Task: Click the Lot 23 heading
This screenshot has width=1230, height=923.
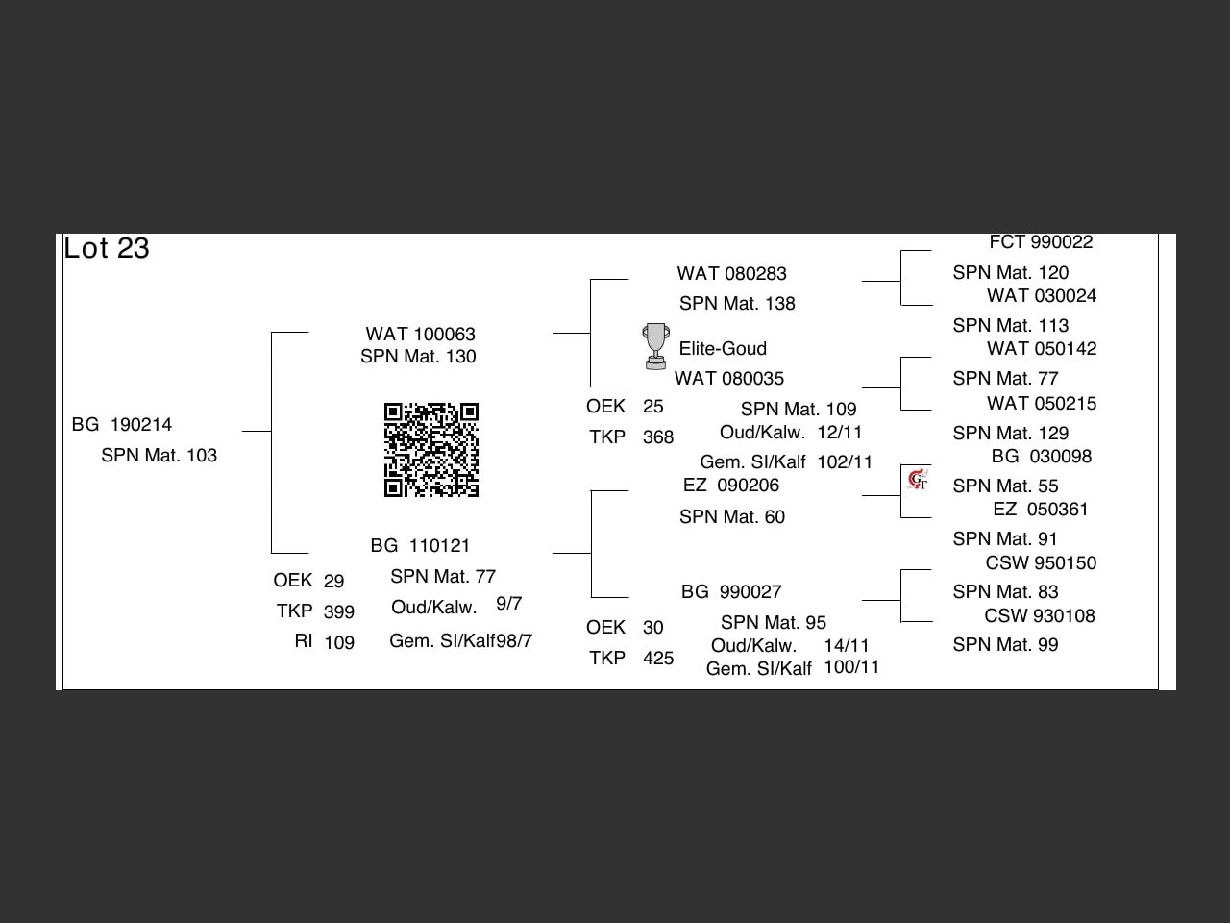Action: click(x=107, y=248)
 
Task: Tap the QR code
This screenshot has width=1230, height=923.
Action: click(x=431, y=450)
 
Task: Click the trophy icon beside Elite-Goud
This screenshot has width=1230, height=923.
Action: click(x=655, y=346)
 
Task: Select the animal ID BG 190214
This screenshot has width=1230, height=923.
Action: click(x=122, y=425)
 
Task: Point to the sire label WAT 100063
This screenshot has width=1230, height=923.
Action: click(x=420, y=335)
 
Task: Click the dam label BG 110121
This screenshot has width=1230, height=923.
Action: click(x=420, y=546)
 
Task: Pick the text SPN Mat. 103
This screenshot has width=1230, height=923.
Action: click(x=159, y=456)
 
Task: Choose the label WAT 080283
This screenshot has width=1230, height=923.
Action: click(x=731, y=274)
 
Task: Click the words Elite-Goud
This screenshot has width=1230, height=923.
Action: click(x=723, y=349)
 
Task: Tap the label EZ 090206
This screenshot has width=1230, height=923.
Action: click(x=730, y=486)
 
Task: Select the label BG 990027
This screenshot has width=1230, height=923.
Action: click(x=731, y=592)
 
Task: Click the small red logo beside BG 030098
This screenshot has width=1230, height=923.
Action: click(x=918, y=479)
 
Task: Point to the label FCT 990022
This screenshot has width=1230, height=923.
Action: click(x=1041, y=242)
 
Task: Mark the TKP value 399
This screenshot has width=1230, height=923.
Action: click(x=339, y=612)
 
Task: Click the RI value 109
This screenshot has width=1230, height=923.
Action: click(x=339, y=643)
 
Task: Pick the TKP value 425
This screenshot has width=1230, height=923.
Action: click(x=658, y=659)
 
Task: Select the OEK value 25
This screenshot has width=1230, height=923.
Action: click(x=653, y=407)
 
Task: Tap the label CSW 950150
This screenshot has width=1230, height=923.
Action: click(x=1041, y=563)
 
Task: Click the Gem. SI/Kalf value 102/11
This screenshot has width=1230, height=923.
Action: click(x=845, y=462)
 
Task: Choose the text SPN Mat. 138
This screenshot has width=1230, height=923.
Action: click(x=737, y=304)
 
